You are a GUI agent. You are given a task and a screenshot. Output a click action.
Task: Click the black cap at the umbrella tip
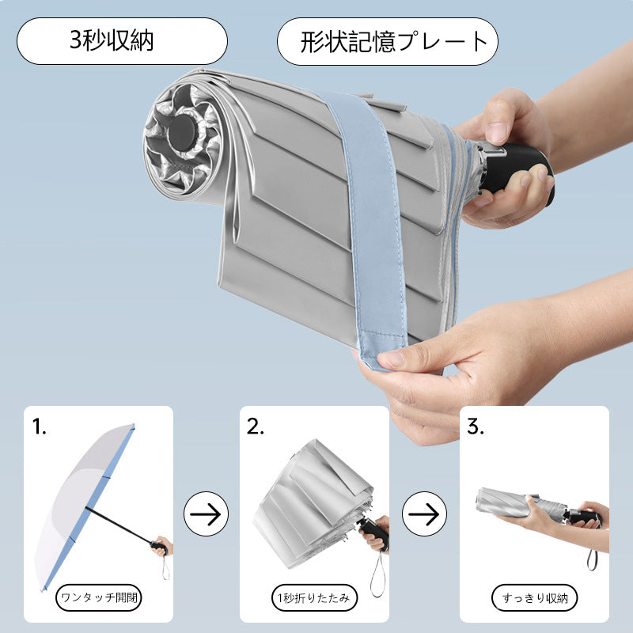184,131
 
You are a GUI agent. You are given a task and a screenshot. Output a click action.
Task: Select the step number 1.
39,426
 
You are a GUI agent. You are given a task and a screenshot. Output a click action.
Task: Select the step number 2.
255,426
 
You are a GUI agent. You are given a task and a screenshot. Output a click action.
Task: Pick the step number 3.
476,426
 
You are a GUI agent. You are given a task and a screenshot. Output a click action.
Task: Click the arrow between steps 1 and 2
206,514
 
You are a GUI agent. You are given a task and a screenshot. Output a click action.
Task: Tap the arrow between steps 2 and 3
424,514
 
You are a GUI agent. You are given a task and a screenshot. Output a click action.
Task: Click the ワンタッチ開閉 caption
98,597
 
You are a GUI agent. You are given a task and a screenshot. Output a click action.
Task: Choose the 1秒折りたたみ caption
314,597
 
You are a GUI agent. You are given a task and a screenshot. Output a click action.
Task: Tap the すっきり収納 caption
534,597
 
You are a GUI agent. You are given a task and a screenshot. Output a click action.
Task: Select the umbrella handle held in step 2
374,533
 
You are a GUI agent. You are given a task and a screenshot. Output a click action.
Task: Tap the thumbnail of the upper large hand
495,131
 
